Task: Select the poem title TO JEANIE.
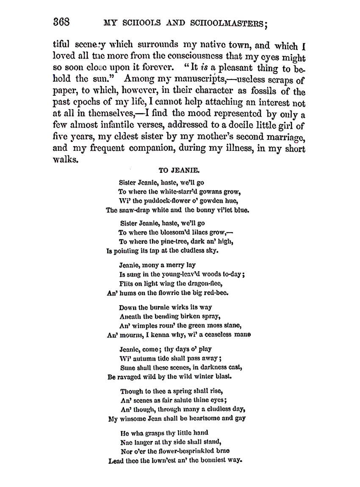[x=176, y=170]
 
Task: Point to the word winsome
[x=135, y=418]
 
